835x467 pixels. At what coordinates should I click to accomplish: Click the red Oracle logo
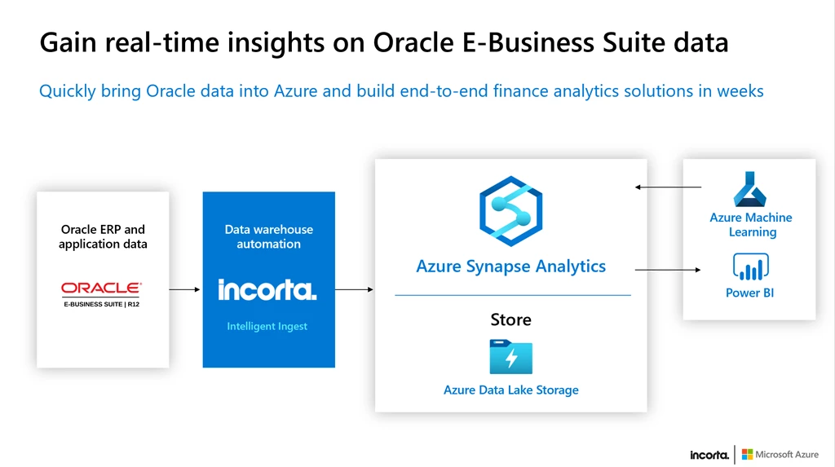tap(101, 288)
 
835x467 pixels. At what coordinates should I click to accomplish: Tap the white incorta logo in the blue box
tap(267, 289)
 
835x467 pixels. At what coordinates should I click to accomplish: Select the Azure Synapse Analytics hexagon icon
tap(510, 211)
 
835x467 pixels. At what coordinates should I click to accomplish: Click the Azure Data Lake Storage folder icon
tap(510, 357)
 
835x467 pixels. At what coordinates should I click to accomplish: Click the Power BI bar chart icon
tap(750, 267)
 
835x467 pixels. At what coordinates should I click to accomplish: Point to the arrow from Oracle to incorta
tap(184, 289)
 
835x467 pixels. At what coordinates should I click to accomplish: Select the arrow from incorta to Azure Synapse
tap(354, 289)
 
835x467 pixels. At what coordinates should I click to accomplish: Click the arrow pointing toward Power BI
tap(668, 270)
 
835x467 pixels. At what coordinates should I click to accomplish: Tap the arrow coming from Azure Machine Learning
tap(668, 187)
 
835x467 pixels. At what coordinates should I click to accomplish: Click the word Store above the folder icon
tap(510, 319)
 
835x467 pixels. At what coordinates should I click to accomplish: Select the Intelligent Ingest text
tap(267, 327)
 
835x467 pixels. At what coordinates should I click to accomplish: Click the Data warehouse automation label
tap(268, 236)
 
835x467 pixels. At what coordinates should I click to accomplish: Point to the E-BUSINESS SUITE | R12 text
tap(101, 304)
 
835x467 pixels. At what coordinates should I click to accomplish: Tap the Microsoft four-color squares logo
tap(747, 454)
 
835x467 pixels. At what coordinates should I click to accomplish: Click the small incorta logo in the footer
tap(709, 455)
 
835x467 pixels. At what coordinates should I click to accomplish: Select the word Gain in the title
tap(68, 42)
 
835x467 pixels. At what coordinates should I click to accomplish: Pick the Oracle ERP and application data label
tap(103, 236)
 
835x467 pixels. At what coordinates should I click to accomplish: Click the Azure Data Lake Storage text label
tap(510, 390)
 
